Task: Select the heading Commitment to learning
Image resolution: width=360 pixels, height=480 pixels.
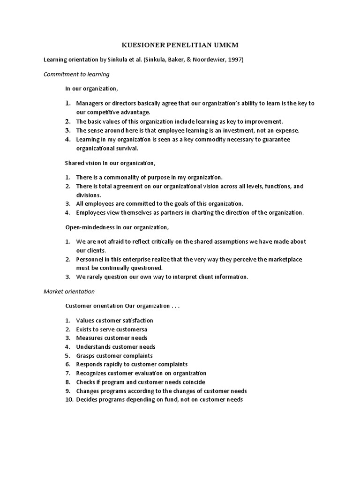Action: pos(76,74)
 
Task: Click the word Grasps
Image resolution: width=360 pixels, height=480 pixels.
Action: pos(86,355)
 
